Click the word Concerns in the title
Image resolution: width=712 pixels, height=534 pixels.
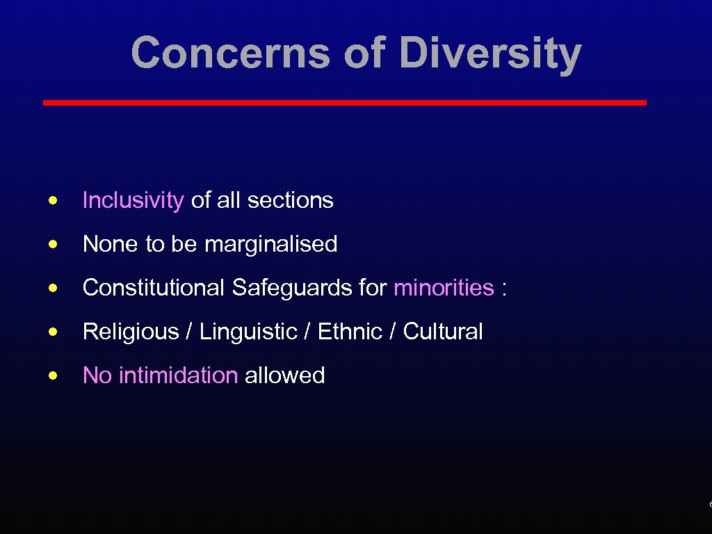pyautogui.click(x=229, y=53)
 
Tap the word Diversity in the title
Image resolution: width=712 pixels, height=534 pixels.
pyautogui.click(x=491, y=54)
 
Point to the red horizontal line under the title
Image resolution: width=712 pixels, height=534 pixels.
pyautogui.click(x=344, y=103)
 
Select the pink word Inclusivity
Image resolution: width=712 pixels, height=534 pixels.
pyautogui.click(x=133, y=200)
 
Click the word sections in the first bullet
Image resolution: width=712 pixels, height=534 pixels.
pyautogui.click(x=290, y=200)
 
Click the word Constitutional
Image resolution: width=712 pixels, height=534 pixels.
pyautogui.click(x=154, y=287)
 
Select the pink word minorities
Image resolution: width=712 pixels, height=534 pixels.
pyautogui.click(x=444, y=287)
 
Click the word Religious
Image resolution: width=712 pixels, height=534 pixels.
pyautogui.click(x=131, y=332)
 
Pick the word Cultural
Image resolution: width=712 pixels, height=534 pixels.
pyautogui.click(x=443, y=332)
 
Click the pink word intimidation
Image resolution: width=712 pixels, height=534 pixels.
pyautogui.click(x=179, y=375)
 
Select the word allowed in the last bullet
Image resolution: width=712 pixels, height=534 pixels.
pyautogui.click(x=284, y=375)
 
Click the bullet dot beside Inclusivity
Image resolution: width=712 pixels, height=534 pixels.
pyautogui.click(x=53, y=200)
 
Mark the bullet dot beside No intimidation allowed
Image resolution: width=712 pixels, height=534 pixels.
pyautogui.click(x=53, y=375)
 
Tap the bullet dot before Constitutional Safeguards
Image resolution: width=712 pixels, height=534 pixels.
pyautogui.click(x=53, y=288)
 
